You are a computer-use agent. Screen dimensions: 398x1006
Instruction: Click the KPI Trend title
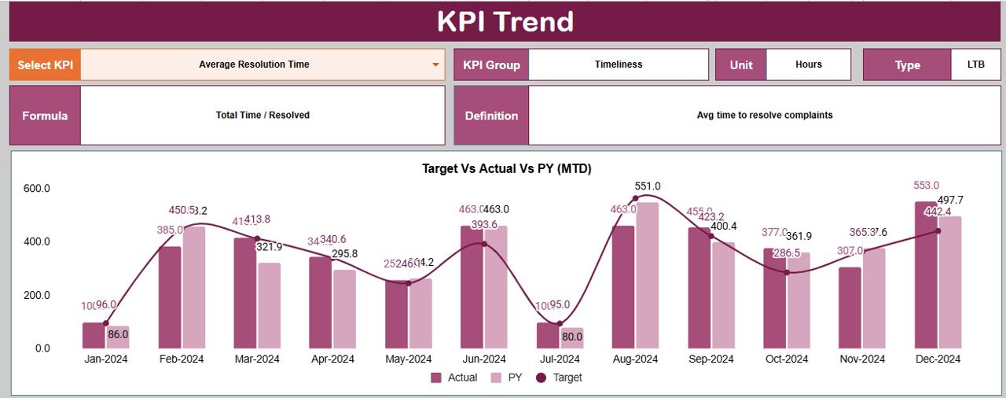coord(505,22)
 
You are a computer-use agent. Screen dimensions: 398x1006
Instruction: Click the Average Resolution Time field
coord(254,64)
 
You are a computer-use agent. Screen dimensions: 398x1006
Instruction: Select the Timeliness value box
coord(618,64)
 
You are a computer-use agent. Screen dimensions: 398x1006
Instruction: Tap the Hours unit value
coord(808,64)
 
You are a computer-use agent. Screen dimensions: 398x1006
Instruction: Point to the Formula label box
coord(45,116)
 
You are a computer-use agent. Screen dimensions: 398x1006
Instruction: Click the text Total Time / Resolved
coord(263,116)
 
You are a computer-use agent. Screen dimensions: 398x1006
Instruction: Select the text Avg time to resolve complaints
coord(764,116)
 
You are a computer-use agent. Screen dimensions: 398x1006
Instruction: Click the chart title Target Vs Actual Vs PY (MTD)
coord(506,168)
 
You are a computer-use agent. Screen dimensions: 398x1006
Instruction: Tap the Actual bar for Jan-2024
coord(94,335)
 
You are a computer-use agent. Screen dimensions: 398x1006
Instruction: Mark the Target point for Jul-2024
coord(560,323)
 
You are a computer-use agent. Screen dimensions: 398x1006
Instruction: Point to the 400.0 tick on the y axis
coord(36,241)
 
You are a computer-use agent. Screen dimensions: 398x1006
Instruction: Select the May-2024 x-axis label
coord(408,359)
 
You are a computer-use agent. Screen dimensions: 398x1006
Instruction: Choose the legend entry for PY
coord(506,378)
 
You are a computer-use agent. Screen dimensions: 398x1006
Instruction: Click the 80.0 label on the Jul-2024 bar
coord(571,337)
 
